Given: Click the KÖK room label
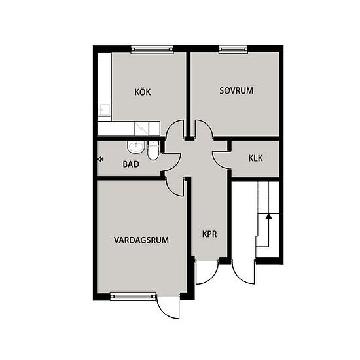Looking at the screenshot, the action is (142, 92).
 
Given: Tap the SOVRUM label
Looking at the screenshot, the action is (236, 90).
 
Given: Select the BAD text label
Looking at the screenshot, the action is (131, 164).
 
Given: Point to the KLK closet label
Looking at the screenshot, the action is (255, 158).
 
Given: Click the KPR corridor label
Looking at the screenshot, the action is (209, 234).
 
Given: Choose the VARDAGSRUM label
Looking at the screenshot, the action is (141, 240).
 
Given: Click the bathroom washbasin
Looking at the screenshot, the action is (136, 147).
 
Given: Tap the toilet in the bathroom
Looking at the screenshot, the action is (153, 151).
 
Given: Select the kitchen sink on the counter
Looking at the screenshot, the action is (104, 109).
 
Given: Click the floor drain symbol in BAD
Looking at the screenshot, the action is (100, 159).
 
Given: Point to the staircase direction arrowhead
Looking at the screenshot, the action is (268, 216).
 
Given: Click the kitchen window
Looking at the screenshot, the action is (152, 49).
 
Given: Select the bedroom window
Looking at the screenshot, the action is (234, 49).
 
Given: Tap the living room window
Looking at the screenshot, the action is (133, 297).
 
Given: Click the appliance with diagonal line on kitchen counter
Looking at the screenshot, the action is (141, 129).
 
